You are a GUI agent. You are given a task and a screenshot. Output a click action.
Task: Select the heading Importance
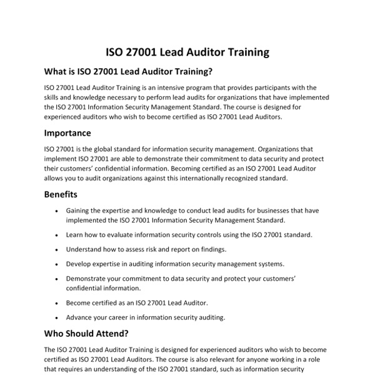67,133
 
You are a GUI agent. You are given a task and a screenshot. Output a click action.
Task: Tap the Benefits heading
61,194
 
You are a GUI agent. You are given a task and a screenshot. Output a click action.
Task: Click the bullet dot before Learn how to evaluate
57,235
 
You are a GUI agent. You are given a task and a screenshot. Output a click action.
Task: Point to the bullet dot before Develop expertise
57,264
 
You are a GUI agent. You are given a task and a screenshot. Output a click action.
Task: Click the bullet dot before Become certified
57,302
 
